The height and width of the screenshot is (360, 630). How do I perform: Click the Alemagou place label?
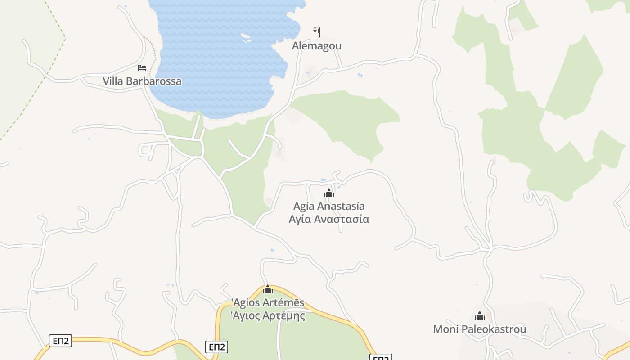(x=317, y=46)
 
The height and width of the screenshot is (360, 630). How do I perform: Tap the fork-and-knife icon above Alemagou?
(x=317, y=32)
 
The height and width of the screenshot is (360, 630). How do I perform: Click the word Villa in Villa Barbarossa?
(x=112, y=81)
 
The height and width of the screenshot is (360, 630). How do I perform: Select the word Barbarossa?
(x=153, y=81)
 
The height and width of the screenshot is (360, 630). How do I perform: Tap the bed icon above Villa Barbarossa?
(x=142, y=68)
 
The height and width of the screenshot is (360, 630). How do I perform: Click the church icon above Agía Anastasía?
(x=329, y=193)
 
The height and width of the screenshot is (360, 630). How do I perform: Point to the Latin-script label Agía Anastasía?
(x=329, y=207)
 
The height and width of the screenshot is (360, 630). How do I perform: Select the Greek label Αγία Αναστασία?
(x=329, y=220)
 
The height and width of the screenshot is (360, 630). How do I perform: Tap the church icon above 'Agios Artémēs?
(x=268, y=289)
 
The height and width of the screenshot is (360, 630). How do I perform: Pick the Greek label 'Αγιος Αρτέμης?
(x=268, y=316)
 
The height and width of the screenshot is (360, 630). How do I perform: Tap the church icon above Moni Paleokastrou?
(x=480, y=316)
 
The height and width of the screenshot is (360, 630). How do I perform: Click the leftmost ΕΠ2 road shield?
(x=60, y=341)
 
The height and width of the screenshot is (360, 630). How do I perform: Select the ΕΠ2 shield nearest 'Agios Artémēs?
(x=217, y=347)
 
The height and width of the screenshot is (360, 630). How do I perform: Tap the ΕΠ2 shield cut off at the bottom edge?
(x=381, y=358)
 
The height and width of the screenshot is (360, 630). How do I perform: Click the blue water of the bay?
(x=216, y=54)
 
